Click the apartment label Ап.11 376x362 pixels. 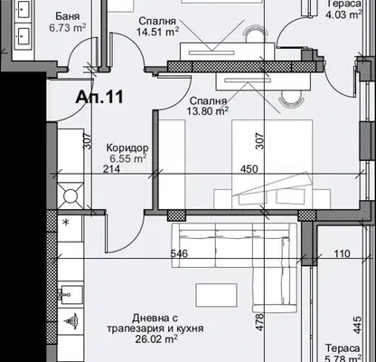pyautogui.click(x=99, y=97)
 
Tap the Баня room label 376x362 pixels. pyautogui.click(x=68, y=16)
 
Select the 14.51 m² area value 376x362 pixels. pyautogui.click(x=158, y=32)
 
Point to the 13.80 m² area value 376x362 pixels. pyautogui.click(x=207, y=111)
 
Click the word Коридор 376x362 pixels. pyautogui.click(x=127, y=148)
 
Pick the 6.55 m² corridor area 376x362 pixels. pyautogui.click(x=128, y=158)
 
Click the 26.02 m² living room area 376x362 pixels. pyautogui.click(x=155, y=338)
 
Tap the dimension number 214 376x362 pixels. pyautogui.click(x=111, y=169)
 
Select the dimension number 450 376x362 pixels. pyautogui.click(x=249, y=169)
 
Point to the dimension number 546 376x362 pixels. pyautogui.click(x=179, y=253)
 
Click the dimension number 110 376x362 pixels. pyautogui.click(x=343, y=253)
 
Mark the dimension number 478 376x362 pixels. pyautogui.click(x=259, y=322)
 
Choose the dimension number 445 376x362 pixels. pyautogui.click(x=357, y=325)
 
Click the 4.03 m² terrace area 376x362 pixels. pyautogui.click(x=344, y=14)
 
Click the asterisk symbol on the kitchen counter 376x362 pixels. pyautogui.click(x=66, y=223)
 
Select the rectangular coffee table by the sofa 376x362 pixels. pyautogui.click(x=216, y=295)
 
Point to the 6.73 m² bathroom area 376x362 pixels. pyautogui.click(x=68, y=28)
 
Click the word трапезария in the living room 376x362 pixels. pyautogui.click(x=132, y=329)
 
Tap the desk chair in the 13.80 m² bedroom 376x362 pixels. pyautogui.click(x=290, y=98)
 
